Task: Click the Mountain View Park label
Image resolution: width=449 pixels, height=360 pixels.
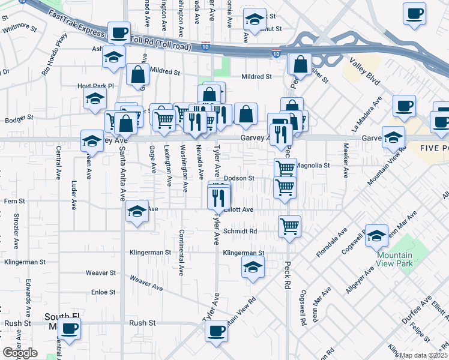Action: tap(395, 259)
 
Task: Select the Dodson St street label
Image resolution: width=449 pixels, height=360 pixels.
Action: tap(240, 178)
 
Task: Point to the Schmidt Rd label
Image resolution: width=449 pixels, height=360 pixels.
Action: tap(240, 231)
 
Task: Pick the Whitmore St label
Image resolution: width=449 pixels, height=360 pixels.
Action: tap(19, 27)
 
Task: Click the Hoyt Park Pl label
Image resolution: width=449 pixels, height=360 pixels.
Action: tap(95, 86)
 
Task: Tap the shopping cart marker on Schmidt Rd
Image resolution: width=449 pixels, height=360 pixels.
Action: tap(289, 226)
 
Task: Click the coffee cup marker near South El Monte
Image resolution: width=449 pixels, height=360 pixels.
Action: tap(70, 329)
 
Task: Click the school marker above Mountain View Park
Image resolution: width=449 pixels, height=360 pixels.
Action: tap(376, 235)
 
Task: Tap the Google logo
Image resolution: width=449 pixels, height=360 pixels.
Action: tap(20, 353)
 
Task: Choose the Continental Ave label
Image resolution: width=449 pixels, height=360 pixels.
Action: tap(181, 252)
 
